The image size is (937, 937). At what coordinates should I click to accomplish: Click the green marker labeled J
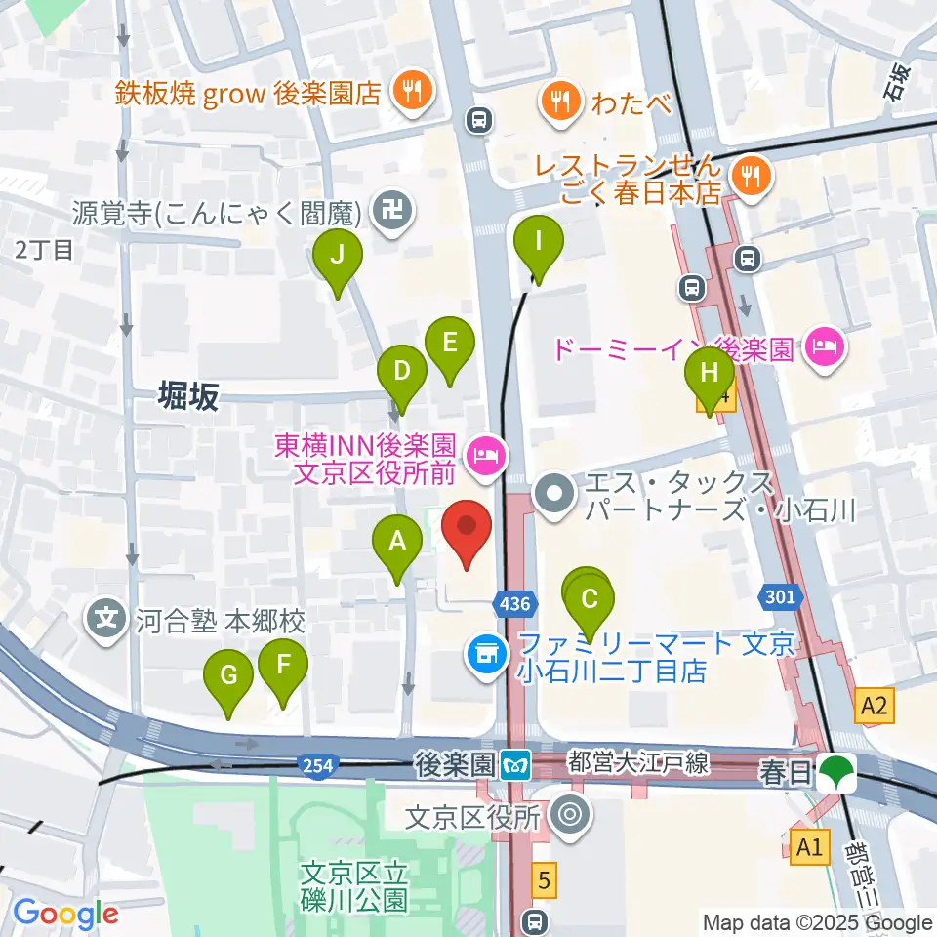tap(338, 256)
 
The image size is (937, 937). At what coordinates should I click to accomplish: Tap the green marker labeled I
tap(538, 237)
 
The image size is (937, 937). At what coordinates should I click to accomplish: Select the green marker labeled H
tap(710, 373)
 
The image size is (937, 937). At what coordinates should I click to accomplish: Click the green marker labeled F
tap(283, 666)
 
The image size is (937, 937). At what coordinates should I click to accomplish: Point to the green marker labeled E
tap(450, 343)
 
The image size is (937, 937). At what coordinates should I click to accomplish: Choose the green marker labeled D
tap(402, 371)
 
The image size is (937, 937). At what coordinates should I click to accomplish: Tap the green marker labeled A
tap(397, 541)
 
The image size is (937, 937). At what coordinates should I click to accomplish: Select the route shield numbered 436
tap(514, 604)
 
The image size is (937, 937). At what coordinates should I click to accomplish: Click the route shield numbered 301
tap(781, 595)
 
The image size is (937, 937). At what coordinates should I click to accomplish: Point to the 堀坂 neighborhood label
tap(189, 396)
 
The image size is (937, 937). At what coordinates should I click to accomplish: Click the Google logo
tap(65, 914)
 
